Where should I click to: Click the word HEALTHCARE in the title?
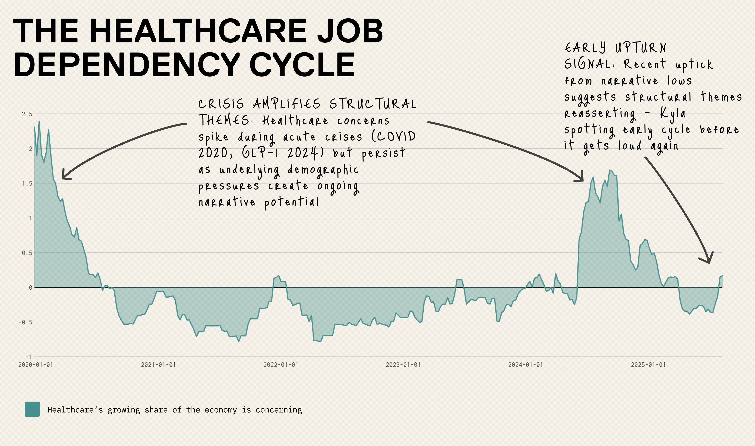click(198, 31)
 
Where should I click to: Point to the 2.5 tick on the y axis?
click(27, 114)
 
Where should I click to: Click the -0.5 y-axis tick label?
click(25, 322)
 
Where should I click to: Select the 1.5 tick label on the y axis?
click(27, 183)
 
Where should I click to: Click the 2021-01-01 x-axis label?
click(158, 365)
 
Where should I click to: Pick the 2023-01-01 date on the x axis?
click(403, 365)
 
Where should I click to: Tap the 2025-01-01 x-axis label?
click(648, 365)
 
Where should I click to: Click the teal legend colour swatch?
click(32, 409)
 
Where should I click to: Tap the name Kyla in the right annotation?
click(673, 114)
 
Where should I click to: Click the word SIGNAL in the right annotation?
click(587, 64)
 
